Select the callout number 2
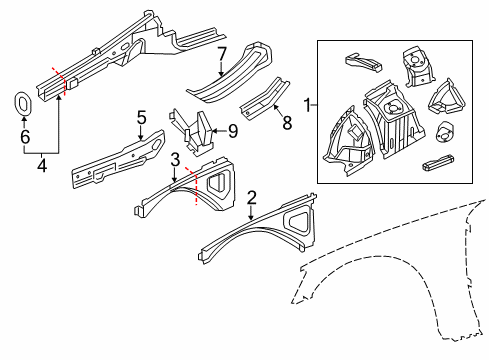pyautogui.click(x=252, y=198)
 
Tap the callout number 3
pyautogui.click(x=174, y=159)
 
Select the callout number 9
pyautogui.click(x=232, y=129)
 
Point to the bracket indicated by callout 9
pyautogui.click(x=196, y=134)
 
